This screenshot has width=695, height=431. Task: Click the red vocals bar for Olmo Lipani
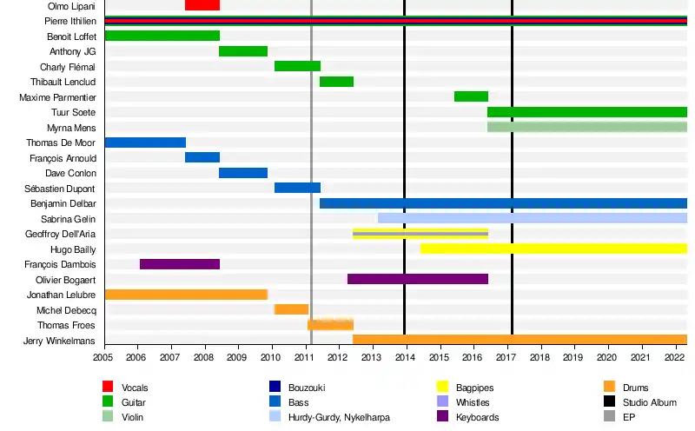(202, 5)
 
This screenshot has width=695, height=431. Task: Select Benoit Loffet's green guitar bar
(162, 36)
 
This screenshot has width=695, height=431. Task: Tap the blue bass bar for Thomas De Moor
(145, 143)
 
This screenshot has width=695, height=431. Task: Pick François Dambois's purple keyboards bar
(180, 264)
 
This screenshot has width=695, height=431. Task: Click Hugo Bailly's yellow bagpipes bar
(553, 249)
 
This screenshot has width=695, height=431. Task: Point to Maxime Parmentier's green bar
(471, 96)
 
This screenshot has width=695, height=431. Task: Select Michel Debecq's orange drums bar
(292, 309)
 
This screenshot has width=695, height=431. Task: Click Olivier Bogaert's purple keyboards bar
(417, 279)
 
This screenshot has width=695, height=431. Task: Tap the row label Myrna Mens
(71, 128)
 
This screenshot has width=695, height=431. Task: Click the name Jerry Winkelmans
(60, 341)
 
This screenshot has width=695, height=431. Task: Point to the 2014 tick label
(405, 357)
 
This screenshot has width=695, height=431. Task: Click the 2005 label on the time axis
(103, 357)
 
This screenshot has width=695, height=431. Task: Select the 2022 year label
(673, 357)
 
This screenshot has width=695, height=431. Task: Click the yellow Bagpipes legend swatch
(442, 388)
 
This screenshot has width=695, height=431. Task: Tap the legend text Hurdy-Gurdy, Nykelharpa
(340, 417)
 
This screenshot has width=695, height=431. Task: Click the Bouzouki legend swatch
(275, 388)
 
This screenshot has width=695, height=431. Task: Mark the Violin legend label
(134, 417)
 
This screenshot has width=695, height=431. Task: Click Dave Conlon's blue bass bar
(243, 173)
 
